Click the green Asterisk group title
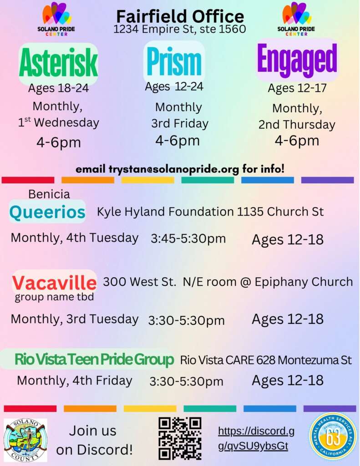pyautogui.click(x=58, y=63)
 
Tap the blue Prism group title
pyautogui.click(x=174, y=61)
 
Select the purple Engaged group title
pyautogui.click(x=297, y=61)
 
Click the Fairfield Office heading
pyautogui.click(x=180, y=17)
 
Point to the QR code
pyautogui.click(x=180, y=438)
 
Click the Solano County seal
pyautogui.click(x=25, y=440)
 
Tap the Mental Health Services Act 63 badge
pyautogui.click(x=333, y=436)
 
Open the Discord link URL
pyautogui.click(x=256, y=438)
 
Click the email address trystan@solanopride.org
pyautogui.click(x=173, y=169)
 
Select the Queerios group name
pyautogui.click(x=47, y=212)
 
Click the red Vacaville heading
pyautogui.click(x=54, y=282)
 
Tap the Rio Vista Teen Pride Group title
pyautogui.click(x=94, y=359)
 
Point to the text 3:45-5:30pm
pyautogui.click(x=188, y=238)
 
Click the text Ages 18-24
pyautogui.click(x=59, y=88)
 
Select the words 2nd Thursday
pyautogui.click(x=297, y=125)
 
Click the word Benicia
pyautogui.click(x=49, y=194)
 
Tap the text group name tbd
pyautogui.click(x=54, y=297)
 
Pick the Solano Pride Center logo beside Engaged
pyautogui.click(x=296, y=19)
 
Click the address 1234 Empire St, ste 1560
pyautogui.click(x=180, y=29)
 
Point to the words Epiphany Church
pyautogui.click(x=304, y=282)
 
